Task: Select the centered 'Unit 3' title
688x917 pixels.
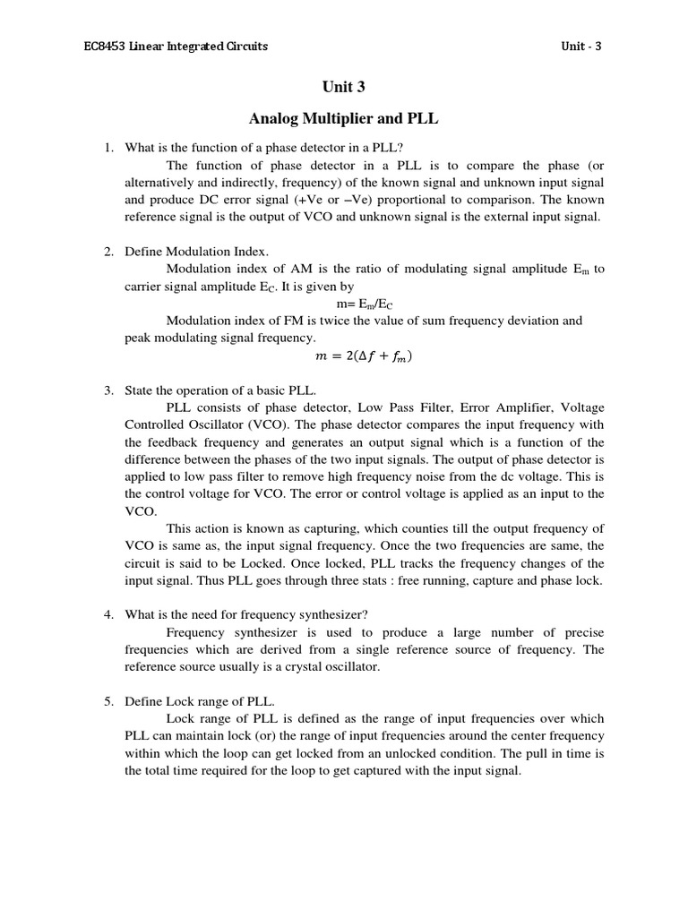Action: (x=344, y=87)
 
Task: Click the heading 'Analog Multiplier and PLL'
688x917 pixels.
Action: (x=344, y=118)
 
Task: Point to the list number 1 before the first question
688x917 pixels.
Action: (x=107, y=148)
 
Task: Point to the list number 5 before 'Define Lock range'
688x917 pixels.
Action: (x=107, y=701)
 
